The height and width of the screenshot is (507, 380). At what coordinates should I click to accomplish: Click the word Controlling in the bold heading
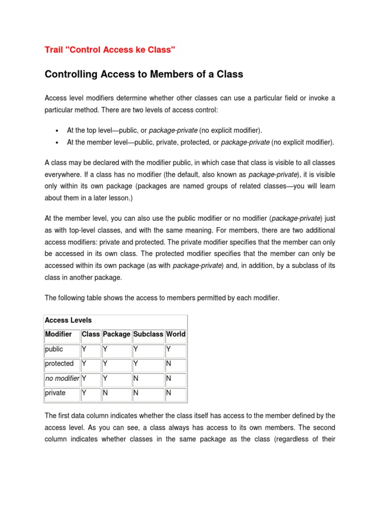[73, 74]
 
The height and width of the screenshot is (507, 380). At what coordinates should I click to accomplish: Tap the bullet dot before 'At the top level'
[58, 131]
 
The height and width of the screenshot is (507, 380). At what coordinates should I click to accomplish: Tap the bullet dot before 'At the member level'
[58, 143]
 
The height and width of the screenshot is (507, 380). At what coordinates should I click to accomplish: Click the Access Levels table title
[68, 320]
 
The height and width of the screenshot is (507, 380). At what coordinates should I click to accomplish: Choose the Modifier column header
[58, 334]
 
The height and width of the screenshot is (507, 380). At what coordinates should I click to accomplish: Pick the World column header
[176, 334]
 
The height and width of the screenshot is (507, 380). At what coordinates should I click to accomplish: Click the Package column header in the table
[117, 334]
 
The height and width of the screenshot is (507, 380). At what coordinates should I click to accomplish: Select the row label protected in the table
[59, 363]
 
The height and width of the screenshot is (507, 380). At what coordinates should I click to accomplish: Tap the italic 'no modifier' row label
[62, 378]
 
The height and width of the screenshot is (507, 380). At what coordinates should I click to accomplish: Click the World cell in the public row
[176, 350]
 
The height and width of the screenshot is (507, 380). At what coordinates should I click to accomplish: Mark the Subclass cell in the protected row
[148, 364]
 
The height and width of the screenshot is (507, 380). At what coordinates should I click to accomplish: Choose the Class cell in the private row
[91, 393]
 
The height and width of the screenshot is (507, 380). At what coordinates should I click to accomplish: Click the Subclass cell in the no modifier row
[148, 379]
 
